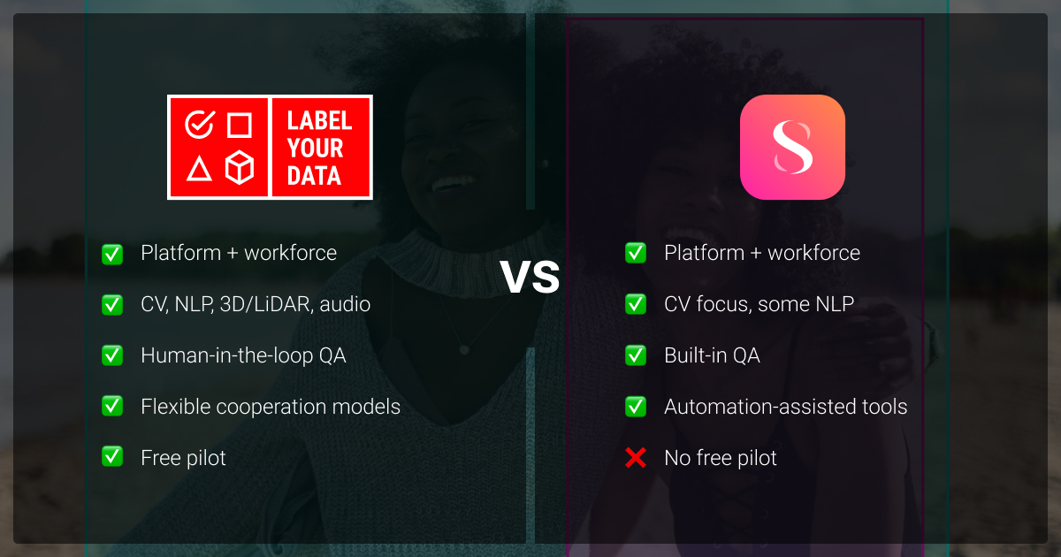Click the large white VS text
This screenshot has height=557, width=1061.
[x=530, y=277]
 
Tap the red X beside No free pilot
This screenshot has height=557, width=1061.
[x=635, y=458]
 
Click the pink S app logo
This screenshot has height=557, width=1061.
[x=792, y=147]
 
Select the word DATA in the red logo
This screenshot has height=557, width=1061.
[x=314, y=176]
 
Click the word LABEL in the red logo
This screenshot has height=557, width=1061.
[x=319, y=120]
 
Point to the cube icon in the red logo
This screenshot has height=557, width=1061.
[x=240, y=167]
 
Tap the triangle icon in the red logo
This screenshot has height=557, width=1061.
[x=199, y=168]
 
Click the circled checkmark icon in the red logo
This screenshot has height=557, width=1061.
[x=200, y=124]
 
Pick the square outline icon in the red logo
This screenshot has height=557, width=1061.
[x=240, y=125]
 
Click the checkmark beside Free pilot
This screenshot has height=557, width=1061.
[x=112, y=457]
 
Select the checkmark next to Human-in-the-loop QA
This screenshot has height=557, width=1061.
[x=112, y=355]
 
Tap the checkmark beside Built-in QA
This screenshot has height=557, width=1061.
[x=635, y=355]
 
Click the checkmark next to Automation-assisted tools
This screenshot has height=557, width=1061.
[x=635, y=407]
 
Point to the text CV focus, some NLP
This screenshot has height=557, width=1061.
[x=759, y=304]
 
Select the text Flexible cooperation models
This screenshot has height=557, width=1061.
[x=271, y=407]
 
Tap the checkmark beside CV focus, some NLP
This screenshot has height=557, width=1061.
[x=635, y=304]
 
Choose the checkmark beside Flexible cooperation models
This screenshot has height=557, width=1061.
[x=112, y=406]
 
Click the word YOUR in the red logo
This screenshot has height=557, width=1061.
[x=315, y=149]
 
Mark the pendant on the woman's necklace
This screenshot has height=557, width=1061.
[x=464, y=350]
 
